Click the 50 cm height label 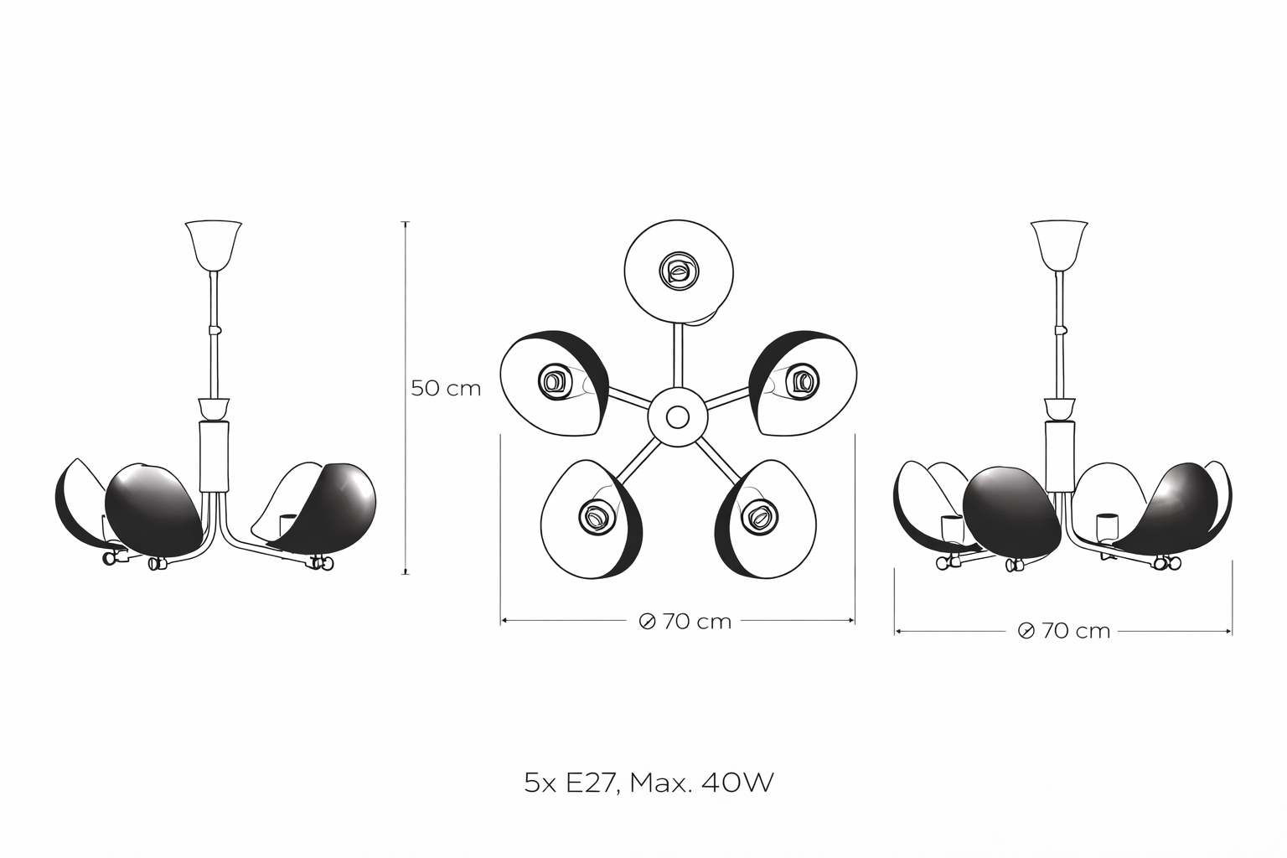pyautogui.click(x=446, y=389)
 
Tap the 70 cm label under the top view pyautogui.click(x=697, y=622)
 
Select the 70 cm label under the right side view pyautogui.click(x=1076, y=631)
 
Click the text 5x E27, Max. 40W pyautogui.click(x=649, y=783)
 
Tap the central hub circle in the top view pyautogui.click(x=678, y=417)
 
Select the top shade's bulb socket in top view pyautogui.click(x=680, y=270)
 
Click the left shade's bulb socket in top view pyautogui.click(x=555, y=381)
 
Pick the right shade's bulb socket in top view pyautogui.click(x=802, y=381)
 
